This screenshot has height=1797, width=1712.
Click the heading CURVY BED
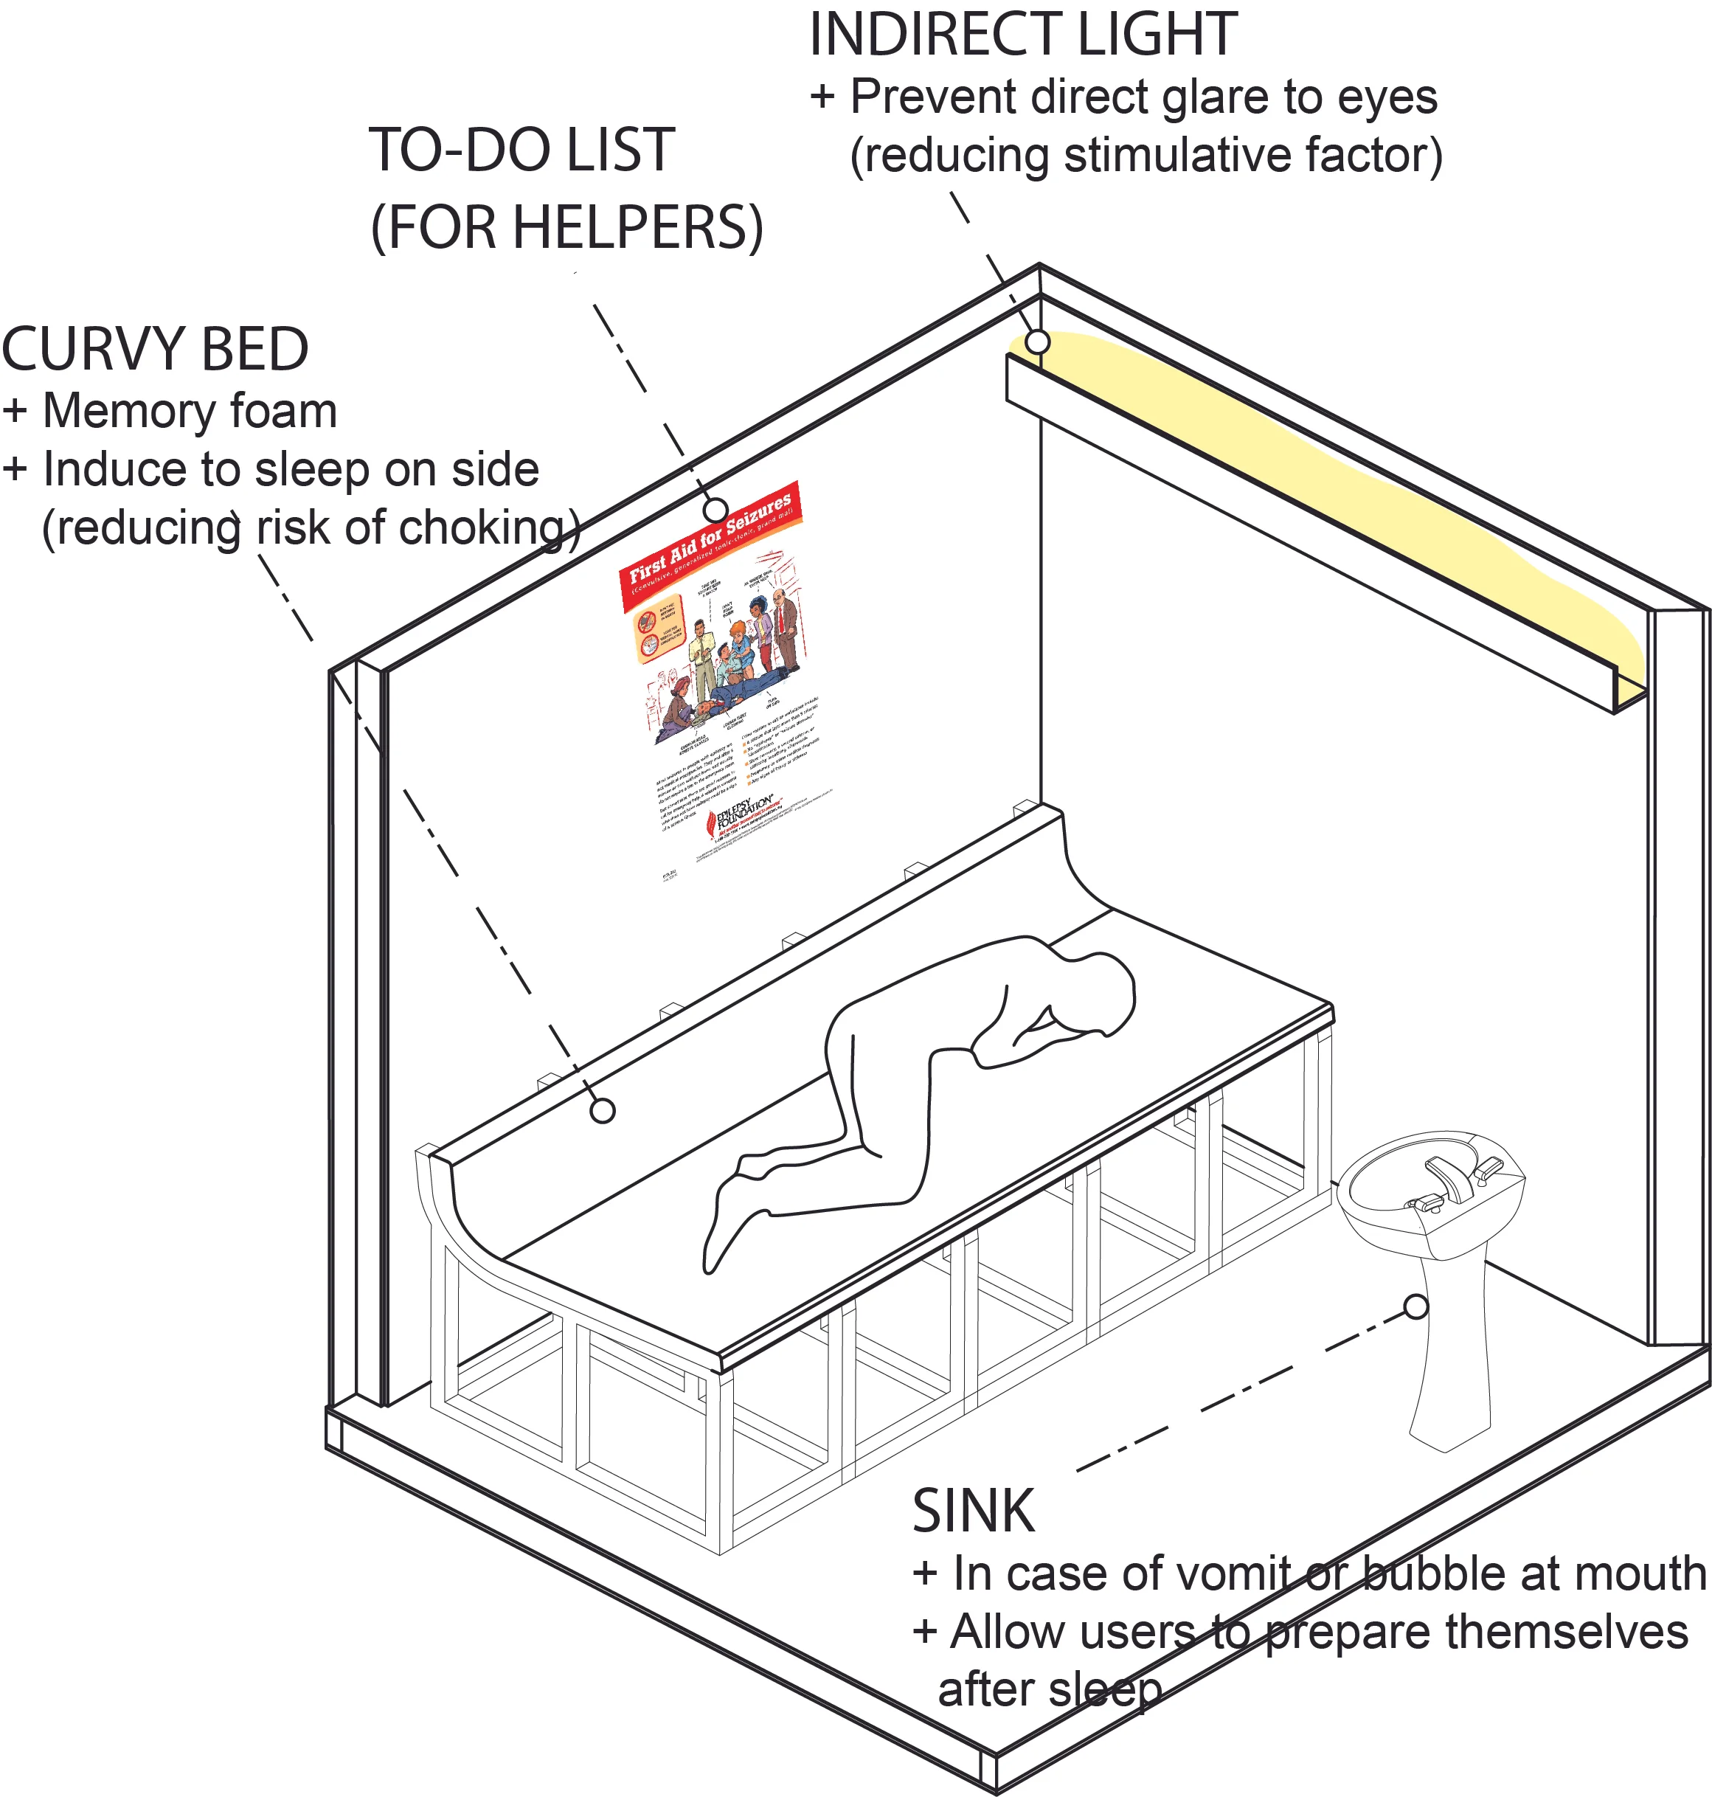coord(155,350)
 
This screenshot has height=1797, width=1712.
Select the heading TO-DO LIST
coord(521,151)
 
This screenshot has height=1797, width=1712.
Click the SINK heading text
coord(973,1512)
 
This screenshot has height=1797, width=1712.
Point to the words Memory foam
coord(190,412)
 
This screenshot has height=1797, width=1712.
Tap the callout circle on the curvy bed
coord(603,1111)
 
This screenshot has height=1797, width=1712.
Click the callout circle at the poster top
coord(715,509)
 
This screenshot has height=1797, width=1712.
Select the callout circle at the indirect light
coord(1038,342)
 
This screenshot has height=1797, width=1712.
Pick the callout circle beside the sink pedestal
coord(1415,1306)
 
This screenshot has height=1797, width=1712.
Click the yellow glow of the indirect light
coord(1323,474)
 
